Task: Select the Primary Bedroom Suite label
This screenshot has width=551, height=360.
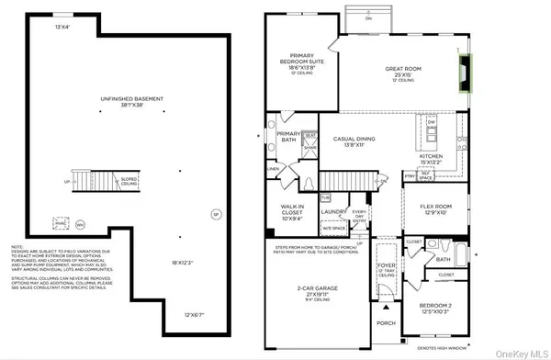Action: [302, 62]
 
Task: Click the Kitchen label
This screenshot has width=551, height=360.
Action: [431, 158]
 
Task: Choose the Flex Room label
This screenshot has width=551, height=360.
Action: [430, 208]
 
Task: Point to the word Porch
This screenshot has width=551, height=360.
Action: [385, 322]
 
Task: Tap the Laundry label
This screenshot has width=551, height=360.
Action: [333, 212]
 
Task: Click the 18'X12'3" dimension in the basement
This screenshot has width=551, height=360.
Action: [182, 263]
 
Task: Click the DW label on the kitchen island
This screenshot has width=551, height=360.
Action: [432, 122]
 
